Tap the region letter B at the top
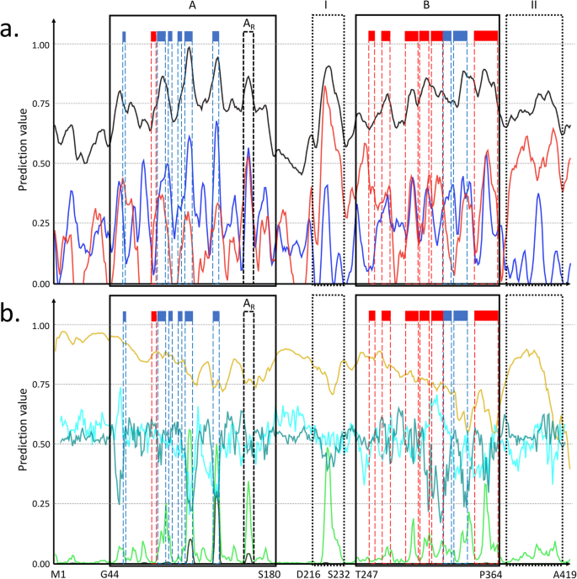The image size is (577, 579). (x=427, y=6)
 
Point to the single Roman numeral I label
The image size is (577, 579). (x=327, y=6)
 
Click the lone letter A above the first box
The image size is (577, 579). (x=192, y=6)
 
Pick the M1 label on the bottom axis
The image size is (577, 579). (x=59, y=573)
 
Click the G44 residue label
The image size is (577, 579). (x=110, y=573)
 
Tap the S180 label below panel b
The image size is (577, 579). (x=268, y=573)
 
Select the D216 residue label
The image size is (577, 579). (x=307, y=573)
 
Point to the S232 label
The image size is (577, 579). (x=338, y=573)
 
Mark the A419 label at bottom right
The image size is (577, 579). (x=560, y=573)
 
